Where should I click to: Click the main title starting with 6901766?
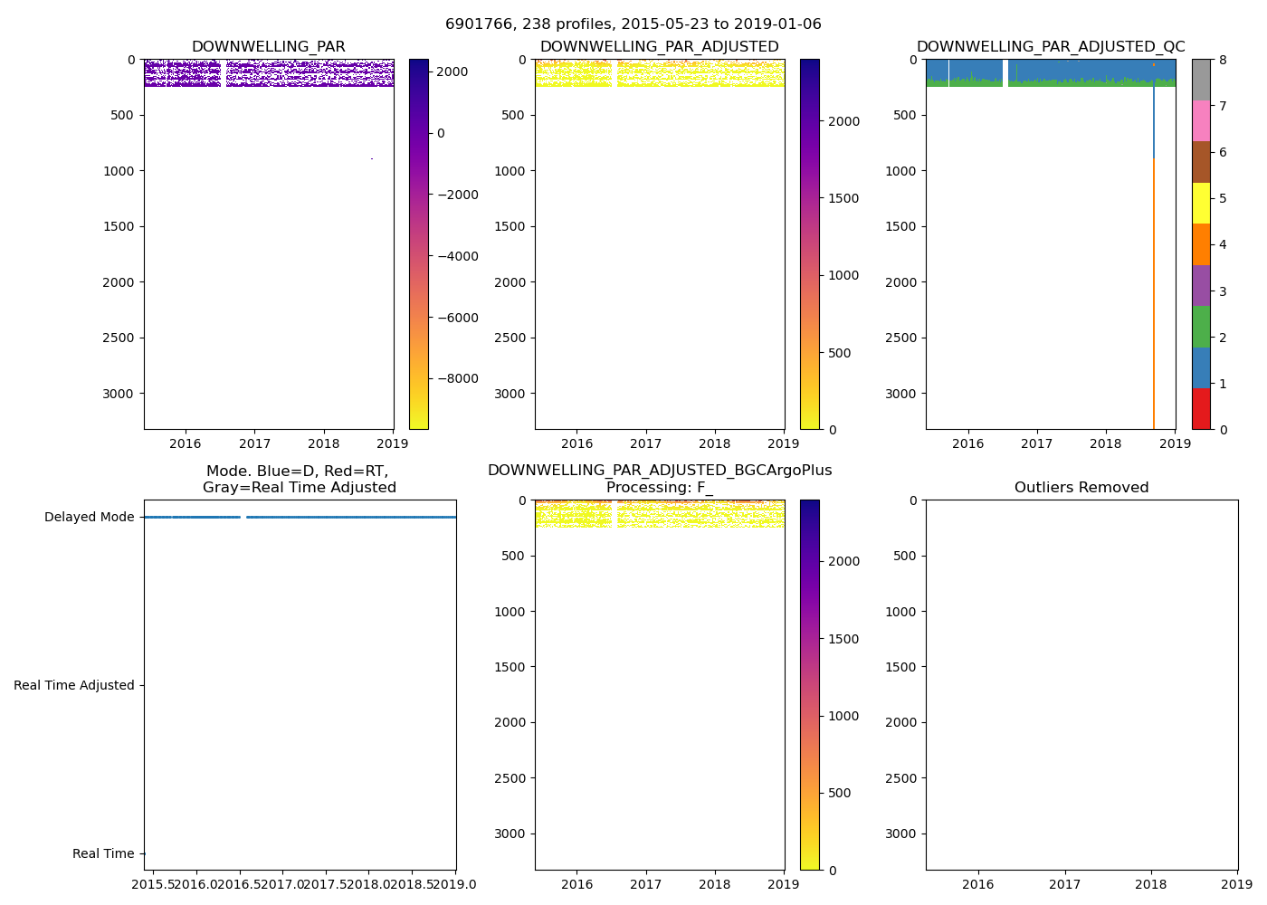pyautogui.click(x=633, y=24)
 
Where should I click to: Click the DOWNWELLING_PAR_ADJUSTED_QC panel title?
pyautogui.click(x=1050, y=47)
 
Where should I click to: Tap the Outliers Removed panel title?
pyautogui.click(x=1081, y=488)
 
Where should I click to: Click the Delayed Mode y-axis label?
pyautogui.click(x=89, y=518)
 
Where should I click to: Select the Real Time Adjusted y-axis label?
pyautogui.click(x=74, y=686)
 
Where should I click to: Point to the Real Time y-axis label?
pyautogui.click(x=103, y=854)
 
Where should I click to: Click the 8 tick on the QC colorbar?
pyautogui.click(x=1223, y=60)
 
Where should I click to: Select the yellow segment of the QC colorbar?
pyautogui.click(x=1201, y=204)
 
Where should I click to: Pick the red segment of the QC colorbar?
pyautogui.click(x=1201, y=409)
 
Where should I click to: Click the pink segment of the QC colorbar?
pyautogui.click(x=1201, y=121)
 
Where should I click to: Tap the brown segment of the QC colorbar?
pyautogui.click(x=1201, y=162)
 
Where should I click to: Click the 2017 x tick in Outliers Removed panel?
pyautogui.click(x=1064, y=884)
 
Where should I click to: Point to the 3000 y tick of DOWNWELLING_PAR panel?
pyautogui.click(x=116, y=394)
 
